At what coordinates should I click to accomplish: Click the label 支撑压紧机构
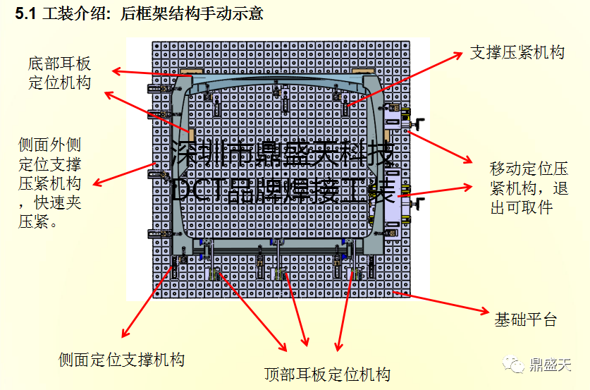coord(517,52)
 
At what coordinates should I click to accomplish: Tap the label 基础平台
coord(525,319)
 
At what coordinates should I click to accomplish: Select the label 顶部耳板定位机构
coord(327,374)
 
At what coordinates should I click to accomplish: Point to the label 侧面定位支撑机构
coord(121,359)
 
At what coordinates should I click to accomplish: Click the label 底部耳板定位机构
coord(60,73)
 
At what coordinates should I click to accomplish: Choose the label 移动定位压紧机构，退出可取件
coord(529,188)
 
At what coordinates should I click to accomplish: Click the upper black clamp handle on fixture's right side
coord(420,126)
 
